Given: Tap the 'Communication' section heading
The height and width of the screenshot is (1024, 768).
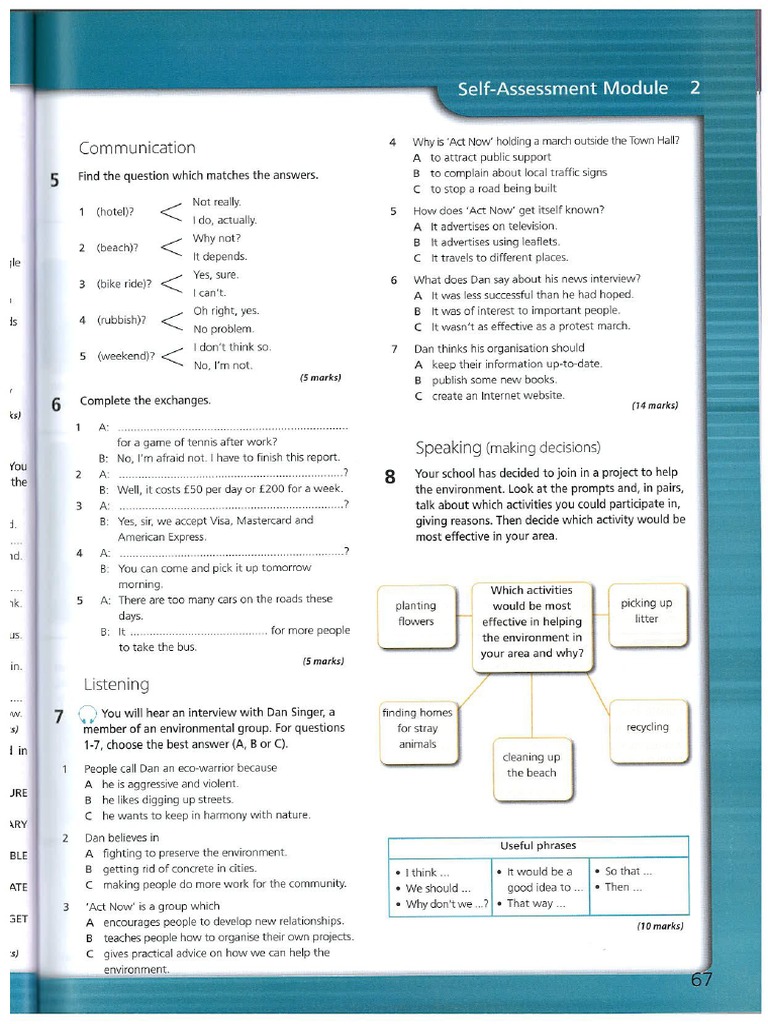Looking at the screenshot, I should tap(137, 148).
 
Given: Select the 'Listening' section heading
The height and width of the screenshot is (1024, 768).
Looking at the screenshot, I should tap(116, 684).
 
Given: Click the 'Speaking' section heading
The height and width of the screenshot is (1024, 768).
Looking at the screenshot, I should tap(508, 447).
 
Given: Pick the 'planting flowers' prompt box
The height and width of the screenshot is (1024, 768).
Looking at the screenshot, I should tap(416, 613).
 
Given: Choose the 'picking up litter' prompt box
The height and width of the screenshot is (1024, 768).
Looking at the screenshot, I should tap(646, 610).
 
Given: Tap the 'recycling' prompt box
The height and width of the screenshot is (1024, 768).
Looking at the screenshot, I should tap(647, 727).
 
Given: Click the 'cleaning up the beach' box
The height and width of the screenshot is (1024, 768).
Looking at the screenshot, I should tap(531, 765).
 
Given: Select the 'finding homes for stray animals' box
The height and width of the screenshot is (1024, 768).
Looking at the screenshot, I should tap(417, 728).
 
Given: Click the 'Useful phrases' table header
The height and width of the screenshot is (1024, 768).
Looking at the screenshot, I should tap(538, 846).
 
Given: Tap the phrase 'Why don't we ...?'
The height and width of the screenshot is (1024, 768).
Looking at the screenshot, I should tap(447, 904).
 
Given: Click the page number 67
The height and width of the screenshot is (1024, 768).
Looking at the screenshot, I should tap(702, 979).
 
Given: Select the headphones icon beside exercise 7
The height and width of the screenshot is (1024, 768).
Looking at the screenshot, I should tap(88, 713).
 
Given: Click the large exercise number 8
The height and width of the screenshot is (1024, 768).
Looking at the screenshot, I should tap(391, 477).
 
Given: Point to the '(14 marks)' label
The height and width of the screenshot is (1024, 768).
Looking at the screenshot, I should tap(655, 405).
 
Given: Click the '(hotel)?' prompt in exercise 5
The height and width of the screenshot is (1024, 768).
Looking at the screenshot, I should tap(115, 212).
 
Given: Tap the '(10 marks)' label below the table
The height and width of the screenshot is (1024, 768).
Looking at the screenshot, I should tap(660, 926).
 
